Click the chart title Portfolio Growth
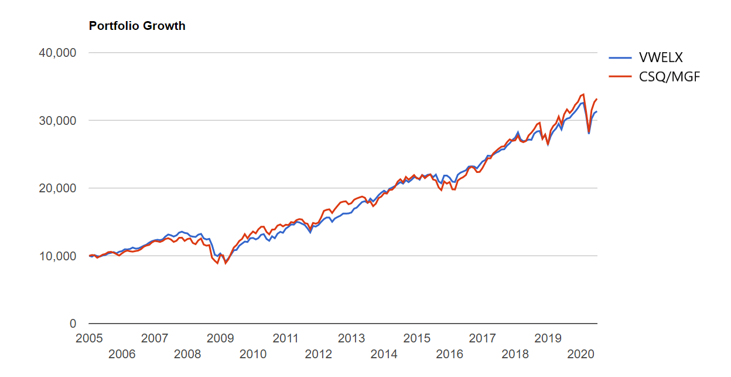click(137, 26)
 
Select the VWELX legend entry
click(661, 57)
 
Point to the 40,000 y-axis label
click(57, 53)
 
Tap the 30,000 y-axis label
click(57, 121)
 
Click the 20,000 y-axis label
click(57, 188)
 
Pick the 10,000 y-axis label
click(57, 256)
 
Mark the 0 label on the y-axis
click(73, 324)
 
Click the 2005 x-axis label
click(89, 338)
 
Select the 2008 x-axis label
click(187, 354)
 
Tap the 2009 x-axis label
click(220, 338)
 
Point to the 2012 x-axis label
click(319, 354)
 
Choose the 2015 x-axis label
click(417, 338)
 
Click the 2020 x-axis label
click(581, 354)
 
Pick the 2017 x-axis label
click(483, 338)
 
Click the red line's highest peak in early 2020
click(583, 94)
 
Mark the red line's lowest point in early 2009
click(226, 263)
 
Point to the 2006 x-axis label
click(122, 354)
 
